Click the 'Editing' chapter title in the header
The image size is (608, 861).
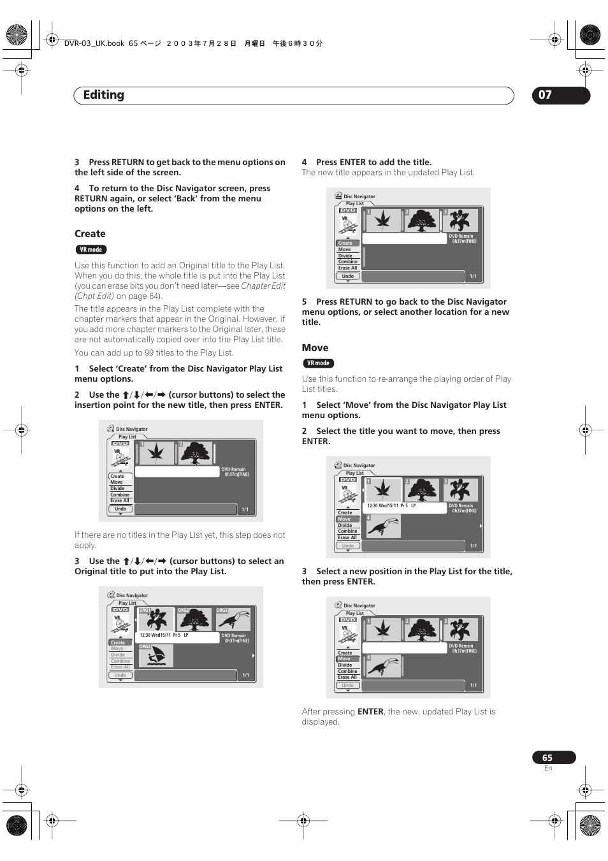(x=104, y=95)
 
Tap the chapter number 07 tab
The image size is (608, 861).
(x=546, y=95)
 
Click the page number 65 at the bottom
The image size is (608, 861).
(x=547, y=758)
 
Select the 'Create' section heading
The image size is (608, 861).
(x=90, y=234)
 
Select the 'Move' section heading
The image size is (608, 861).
(x=315, y=348)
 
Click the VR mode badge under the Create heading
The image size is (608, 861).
(x=90, y=250)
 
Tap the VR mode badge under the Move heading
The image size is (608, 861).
(x=318, y=363)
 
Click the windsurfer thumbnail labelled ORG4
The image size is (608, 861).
(x=156, y=656)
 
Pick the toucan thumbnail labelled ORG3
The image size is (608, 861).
(x=233, y=619)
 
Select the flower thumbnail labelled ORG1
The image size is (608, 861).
(x=156, y=619)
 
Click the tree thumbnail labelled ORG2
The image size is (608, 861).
(x=195, y=619)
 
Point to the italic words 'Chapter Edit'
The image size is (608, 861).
(x=263, y=286)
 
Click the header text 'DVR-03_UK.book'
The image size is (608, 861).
(x=94, y=43)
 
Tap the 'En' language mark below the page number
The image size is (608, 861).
(x=548, y=769)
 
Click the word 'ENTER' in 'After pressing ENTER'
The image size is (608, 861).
(x=370, y=712)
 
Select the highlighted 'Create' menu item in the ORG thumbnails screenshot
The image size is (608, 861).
(x=119, y=642)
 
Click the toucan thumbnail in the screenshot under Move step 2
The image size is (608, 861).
(x=383, y=526)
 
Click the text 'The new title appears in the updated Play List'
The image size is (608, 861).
(x=387, y=173)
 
